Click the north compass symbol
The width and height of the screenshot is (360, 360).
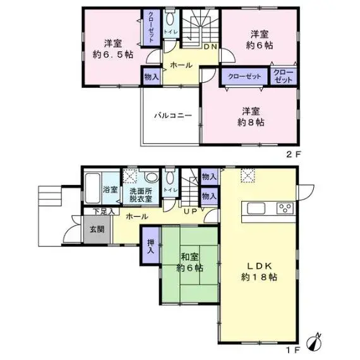click(x=315, y=342)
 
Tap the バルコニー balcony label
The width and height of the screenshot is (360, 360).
click(x=173, y=115)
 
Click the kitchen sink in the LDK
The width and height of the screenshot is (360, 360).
click(x=256, y=208)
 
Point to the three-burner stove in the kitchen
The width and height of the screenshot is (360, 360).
click(x=285, y=208)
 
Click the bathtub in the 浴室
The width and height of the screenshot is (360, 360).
click(x=92, y=188)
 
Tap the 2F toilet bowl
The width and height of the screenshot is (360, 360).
click(x=170, y=19)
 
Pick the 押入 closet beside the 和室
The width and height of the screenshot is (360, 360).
click(x=150, y=246)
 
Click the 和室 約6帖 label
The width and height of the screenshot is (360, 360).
click(x=189, y=262)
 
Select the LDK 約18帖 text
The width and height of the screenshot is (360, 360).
click(x=259, y=272)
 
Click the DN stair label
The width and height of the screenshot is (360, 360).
click(x=210, y=47)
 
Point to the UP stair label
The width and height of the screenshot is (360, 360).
click(x=191, y=211)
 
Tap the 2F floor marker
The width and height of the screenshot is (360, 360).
click(x=293, y=154)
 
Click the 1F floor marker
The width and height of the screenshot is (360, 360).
click(x=293, y=350)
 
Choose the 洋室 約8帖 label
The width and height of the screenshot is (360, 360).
click(x=251, y=117)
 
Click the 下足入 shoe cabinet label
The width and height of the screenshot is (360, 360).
click(x=104, y=212)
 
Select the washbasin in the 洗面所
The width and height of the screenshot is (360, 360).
click(x=151, y=177)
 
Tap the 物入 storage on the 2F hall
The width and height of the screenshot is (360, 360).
click(x=152, y=76)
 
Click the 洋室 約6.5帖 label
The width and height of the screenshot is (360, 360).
click(x=113, y=49)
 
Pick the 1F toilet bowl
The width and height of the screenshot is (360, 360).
click(x=170, y=178)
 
